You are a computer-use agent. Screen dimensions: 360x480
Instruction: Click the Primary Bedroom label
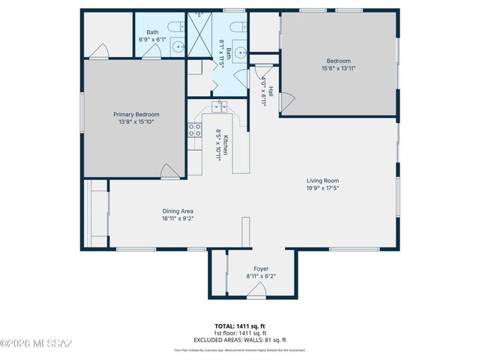(x=136, y=114)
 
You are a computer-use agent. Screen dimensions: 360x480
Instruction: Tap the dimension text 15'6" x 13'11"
(x=338, y=68)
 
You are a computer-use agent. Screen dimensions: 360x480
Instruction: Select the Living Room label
(x=322, y=180)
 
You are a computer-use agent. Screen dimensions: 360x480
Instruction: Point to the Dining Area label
(x=178, y=211)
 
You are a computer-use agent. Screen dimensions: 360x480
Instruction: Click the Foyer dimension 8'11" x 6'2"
(x=260, y=276)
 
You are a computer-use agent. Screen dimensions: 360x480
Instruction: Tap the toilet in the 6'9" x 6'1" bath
(x=174, y=28)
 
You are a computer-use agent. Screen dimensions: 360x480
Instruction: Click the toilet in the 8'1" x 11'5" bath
(x=237, y=28)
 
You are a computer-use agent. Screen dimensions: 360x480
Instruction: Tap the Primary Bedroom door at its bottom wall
(x=171, y=172)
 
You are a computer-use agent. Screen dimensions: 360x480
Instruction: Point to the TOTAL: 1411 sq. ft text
(x=240, y=325)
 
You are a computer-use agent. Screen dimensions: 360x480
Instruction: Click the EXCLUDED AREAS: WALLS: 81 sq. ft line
(x=240, y=340)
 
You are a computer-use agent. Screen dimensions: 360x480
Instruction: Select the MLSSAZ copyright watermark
(x=36, y=344)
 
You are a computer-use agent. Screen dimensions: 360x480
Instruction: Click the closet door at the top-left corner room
(x=97, y=51)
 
